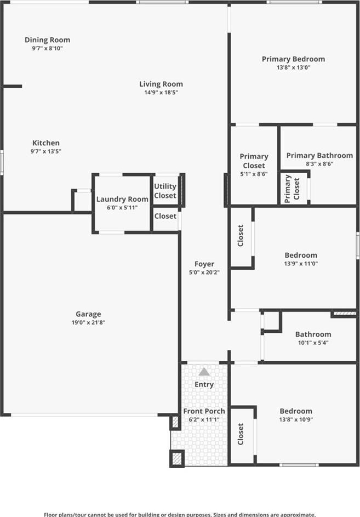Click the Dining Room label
click(48, 40)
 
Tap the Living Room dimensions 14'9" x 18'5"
click(161, 92)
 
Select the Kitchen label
click(46, 143)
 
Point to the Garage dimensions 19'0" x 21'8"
click(88, 322)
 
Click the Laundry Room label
click(122, 199)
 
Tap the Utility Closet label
click(165, 191)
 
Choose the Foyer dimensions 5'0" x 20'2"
click(204, 272)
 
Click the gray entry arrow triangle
click(204, 372)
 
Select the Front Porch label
click(204, 411)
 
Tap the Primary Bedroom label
click(293, 59)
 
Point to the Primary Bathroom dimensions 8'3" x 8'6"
click(320, 164)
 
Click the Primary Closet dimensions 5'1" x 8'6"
click(254, 174)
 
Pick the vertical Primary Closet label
click(292, 189)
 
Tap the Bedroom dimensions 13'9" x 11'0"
click(301, 264)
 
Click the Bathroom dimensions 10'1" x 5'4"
click(313, 343)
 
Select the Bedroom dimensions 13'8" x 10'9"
click(296, 420)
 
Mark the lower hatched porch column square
click(177, 458)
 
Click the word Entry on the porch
click(204, 384)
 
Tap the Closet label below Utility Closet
click(165, 216)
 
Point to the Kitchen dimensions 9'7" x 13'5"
click(46, 151)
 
